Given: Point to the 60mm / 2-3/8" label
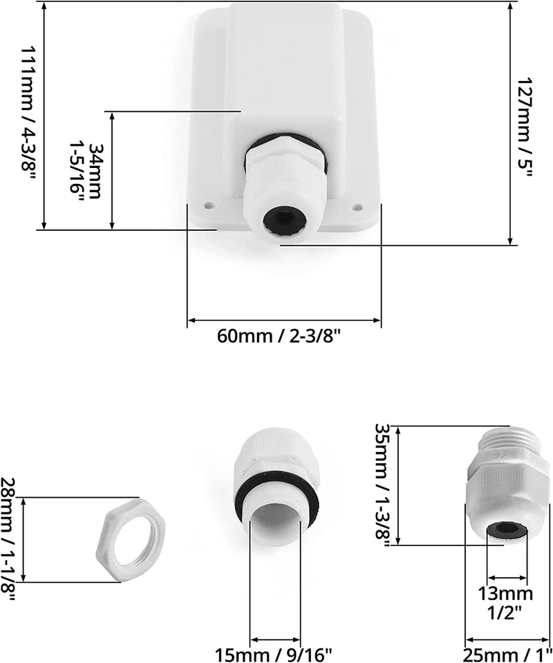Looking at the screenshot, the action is tap(279, 336).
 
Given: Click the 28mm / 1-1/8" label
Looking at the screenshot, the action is tap(8, 540).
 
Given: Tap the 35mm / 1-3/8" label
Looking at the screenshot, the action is tap(384, 485).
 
